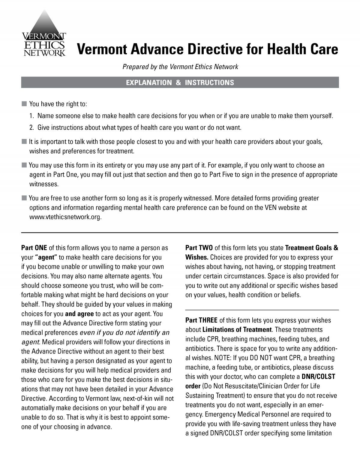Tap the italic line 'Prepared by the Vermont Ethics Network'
[x=180, y=67]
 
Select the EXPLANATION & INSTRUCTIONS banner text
[x=180, y=83]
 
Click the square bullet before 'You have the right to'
[x=24, y=104]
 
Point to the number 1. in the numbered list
[x=32, y=116]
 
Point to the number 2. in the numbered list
[x=32, y=128]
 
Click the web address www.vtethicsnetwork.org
[x=65, y=217]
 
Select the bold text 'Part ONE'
[x=34, y=248]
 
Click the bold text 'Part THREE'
[x=201, y=320]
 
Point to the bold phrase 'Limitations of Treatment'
[x=237, y=330]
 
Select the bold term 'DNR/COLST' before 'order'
[x=318, y=377]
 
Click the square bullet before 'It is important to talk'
[x=24, y=142]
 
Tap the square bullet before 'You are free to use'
[x=24, y=198]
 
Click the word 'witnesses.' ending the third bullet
[x=44, y=184]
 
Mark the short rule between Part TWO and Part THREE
[x=262, y=310]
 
